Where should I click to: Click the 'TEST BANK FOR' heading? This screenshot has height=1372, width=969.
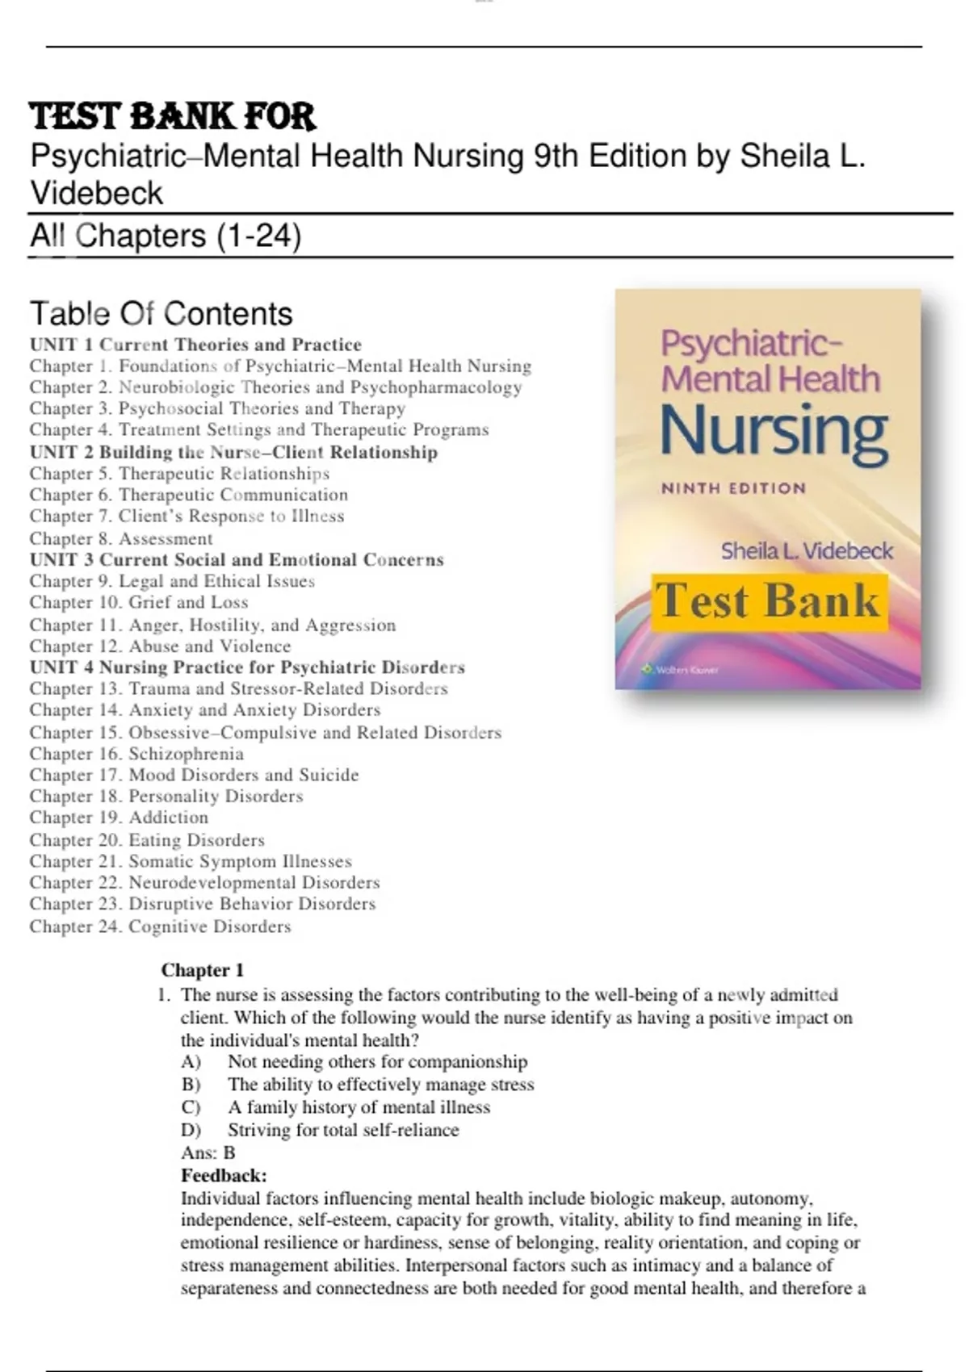172,116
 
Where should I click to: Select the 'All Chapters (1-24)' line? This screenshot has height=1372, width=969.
166,236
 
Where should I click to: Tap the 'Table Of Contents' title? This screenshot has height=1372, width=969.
161,313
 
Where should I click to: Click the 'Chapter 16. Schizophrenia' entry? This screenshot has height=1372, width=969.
136,754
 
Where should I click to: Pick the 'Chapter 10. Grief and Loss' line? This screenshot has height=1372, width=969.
139,602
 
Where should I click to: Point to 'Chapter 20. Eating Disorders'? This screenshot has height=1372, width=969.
147,840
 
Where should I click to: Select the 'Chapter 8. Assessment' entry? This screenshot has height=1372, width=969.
121,538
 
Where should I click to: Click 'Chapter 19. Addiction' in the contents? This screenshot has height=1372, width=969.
119,818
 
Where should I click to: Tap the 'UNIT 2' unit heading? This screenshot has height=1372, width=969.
233,452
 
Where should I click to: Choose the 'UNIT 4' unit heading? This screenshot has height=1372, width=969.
247,667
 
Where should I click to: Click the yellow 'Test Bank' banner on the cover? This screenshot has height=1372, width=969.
769,602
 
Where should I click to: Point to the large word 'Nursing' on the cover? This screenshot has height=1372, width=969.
774,432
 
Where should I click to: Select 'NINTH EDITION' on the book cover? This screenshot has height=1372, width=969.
733,488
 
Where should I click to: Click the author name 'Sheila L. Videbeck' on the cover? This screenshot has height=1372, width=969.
807,551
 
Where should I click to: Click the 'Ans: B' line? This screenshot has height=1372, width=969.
208,1152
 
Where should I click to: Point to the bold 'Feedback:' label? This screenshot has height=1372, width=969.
224,1175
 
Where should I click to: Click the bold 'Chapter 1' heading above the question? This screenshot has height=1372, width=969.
202,970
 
